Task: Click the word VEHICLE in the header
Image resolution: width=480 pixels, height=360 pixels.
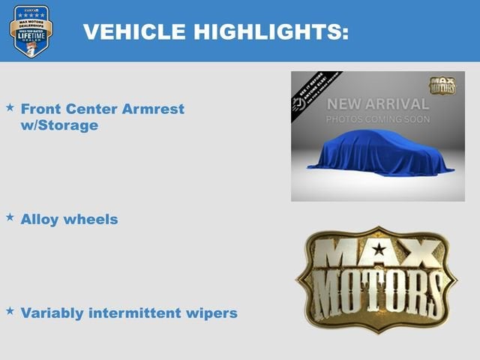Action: click(134, 31)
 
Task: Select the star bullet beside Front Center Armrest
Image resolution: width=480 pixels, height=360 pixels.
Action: click(10, 108)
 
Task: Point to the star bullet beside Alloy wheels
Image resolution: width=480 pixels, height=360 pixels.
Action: click(10, 217)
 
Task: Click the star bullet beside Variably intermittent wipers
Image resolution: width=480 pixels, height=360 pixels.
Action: click(10, 310)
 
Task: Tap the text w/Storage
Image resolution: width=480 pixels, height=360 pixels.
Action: click(59, 125)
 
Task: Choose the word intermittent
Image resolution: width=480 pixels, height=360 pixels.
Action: click(137, 313)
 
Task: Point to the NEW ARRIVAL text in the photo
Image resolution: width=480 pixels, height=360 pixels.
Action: click(377, 103)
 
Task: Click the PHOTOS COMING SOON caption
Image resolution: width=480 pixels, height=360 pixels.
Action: click(377, 119)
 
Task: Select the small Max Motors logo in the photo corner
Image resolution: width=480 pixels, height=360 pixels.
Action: click(442, 85)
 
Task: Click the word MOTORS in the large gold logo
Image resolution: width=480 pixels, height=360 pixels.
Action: click(376, 293)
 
